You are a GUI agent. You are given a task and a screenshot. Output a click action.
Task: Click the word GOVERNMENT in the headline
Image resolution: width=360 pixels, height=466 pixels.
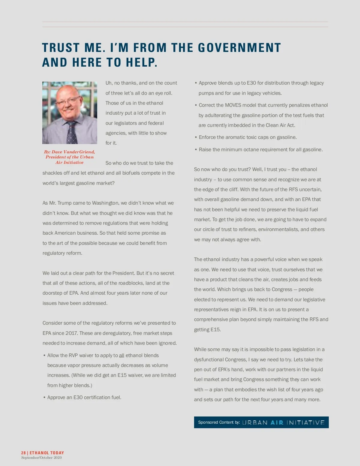tap(239, 48)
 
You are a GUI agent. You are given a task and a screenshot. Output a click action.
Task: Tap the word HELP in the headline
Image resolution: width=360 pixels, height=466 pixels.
tap(141, 63)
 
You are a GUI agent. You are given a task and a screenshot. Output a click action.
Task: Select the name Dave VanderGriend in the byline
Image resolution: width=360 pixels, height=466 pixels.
tap(73, 152)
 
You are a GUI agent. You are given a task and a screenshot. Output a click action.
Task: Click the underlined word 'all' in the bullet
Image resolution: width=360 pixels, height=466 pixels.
tap(121, 355)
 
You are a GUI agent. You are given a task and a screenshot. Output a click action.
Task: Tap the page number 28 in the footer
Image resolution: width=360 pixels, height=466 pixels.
tap(23, 453)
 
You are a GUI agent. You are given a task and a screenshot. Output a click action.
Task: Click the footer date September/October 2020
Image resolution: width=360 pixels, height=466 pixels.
tap(41, 458)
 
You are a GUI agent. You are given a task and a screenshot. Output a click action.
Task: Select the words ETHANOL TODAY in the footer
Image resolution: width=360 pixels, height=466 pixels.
tap(47, 453)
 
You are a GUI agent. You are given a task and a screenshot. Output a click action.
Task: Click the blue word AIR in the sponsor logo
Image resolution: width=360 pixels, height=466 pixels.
tap(277, 422)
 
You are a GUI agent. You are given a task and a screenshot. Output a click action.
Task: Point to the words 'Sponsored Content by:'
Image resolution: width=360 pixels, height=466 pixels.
tap(219, 422)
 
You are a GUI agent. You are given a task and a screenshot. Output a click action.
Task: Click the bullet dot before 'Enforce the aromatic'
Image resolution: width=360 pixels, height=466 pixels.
tap(196, 137)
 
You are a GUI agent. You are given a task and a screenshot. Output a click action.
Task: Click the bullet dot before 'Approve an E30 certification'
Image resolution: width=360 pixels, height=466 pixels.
tap(44, 398)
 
